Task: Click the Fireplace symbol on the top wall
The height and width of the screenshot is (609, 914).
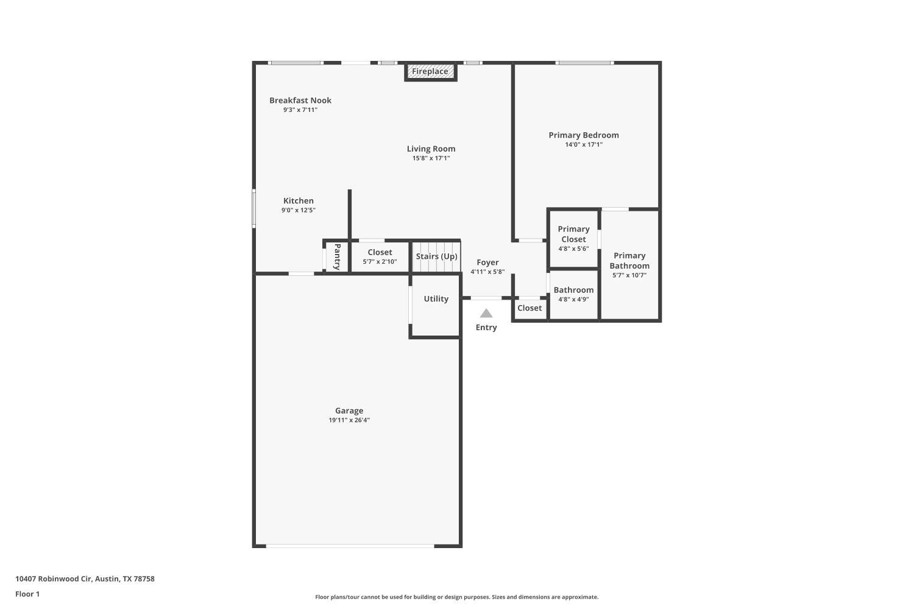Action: tap(430, 72)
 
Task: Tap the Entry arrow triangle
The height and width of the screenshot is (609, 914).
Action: tap(486, 314)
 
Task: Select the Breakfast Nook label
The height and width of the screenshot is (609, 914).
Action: tap(300, 100)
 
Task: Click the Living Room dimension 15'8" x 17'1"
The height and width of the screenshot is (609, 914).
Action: tap(431, 158)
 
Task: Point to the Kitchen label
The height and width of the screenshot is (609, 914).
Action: tap(299, 201)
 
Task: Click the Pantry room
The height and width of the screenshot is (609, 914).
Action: tap(336, 256)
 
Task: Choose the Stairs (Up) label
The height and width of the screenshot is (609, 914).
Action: tap(436, 256)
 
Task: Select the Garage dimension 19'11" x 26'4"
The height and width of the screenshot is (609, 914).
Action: tap(349, 420)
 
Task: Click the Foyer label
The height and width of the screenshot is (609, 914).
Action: tap(487, 262)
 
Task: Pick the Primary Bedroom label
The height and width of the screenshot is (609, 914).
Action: tap(583, 135)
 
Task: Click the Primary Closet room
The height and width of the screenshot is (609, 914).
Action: tap(573, 238)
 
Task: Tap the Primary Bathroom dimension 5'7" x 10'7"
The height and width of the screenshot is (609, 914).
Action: tap(629, 275)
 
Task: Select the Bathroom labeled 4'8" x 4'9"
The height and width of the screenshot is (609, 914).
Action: tap(573, 294)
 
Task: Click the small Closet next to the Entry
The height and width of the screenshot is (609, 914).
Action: tap(530, 308)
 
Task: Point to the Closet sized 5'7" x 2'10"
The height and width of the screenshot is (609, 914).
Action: tap(380, 256)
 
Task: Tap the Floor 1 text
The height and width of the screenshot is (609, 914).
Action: tap(27, 594)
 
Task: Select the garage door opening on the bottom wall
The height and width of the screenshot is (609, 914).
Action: tap(350, 546)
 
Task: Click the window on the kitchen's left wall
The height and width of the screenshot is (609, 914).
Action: tap(254, 208)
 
